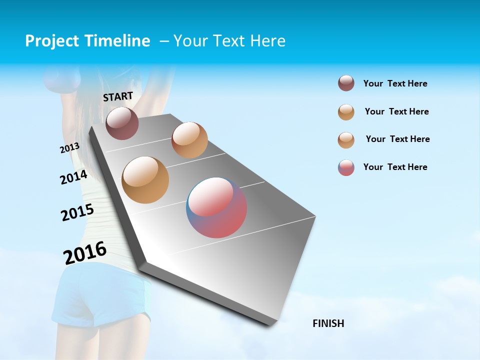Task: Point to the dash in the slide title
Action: (x=163, y=41)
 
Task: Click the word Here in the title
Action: (x=267, y=41)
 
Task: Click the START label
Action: (x=118, y=96)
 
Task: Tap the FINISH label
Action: (x=328, y=323)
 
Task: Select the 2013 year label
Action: (x=69, y=148)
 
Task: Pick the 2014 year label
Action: (x=73, y=177)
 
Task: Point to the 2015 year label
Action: (x=77, y=212)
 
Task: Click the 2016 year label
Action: (x=85, y=252)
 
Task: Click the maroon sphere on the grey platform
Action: (x=122, y=123)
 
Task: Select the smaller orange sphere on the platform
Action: (x=189, y=140)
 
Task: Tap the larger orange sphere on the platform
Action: (x=145, y=180)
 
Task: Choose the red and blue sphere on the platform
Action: (x=216, y=207)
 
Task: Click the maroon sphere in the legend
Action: (x=346, y=83)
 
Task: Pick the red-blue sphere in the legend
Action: (x=346, y=167)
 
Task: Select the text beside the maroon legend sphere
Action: (x=395, y=84)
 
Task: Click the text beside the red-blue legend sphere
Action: (x=395, y=167)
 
